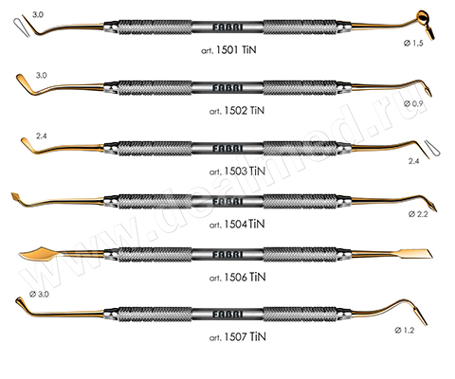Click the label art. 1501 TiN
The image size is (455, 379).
coord(228,50)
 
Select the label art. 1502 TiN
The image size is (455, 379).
coord(237,111)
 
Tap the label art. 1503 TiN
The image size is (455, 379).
coord(237,171)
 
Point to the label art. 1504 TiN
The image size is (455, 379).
coord(237,225)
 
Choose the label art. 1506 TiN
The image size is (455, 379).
coord(237,278)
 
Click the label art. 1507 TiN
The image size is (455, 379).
coord(237,337)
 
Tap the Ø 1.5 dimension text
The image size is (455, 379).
coord(413,44)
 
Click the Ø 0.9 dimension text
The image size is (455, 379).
coord(413,103)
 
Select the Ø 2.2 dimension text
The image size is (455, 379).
coord(418,214)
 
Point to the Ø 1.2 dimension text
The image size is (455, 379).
coord(405,331)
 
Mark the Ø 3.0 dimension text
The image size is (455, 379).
coord(39,294)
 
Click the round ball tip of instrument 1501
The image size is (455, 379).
coord(423,16)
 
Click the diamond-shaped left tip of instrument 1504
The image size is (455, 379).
coord(16,197)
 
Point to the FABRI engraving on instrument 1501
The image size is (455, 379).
coord(227,27)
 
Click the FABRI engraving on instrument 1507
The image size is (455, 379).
coord(227,315)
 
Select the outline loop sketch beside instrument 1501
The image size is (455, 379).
coord(22,27)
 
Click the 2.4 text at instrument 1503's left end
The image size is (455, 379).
coord(42,136)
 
